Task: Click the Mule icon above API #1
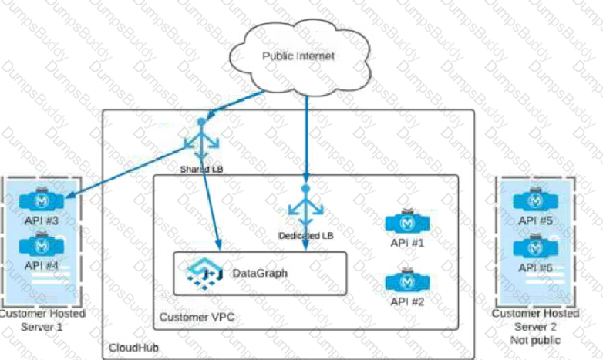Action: pos(408,222)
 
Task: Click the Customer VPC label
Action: pos(197,318)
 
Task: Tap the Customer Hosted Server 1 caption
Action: pos(42,320)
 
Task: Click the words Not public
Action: pos(535,339)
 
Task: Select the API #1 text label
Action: pos(408,242)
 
